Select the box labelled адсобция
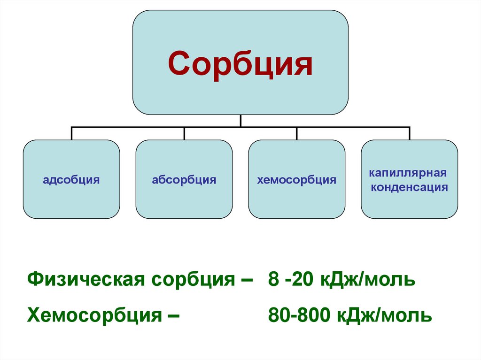coord(71,179)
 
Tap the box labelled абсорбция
coord(184,179)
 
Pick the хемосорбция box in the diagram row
coord(296,179)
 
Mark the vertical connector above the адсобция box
coord(71,133)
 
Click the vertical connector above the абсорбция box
coord(184,133)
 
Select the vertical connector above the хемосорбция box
coord(296,133)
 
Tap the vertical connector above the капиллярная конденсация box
coord(409,133)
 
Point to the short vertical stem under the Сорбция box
coord(240,121)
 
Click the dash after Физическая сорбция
coord(245,280)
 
